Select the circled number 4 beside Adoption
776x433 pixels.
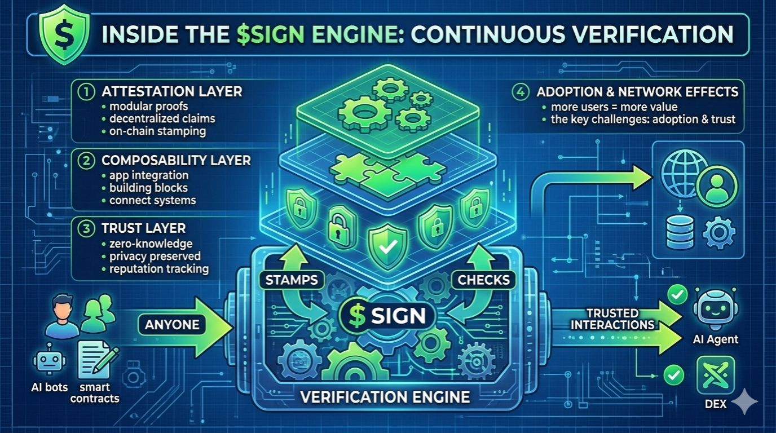519,92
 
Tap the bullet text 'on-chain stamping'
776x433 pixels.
158,131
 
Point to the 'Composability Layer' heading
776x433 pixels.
176,160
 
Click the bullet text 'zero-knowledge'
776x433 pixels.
151,244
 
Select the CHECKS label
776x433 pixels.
484,279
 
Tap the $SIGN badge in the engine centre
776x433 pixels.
387,316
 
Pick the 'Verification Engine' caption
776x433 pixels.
385,396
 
